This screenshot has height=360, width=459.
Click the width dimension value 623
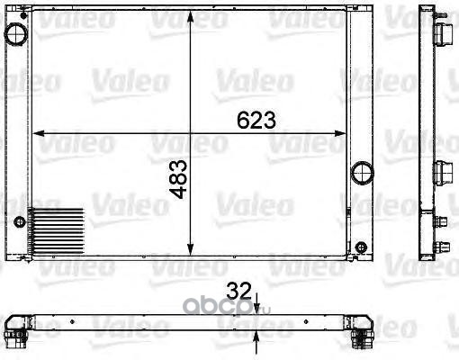(x=256, y=120)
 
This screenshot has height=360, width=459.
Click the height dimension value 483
(x=178, y=179)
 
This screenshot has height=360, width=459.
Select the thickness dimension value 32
(x=238, y=292)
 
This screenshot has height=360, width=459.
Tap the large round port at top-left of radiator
(x=15, y=34)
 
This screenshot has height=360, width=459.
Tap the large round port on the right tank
(x=363, y=173)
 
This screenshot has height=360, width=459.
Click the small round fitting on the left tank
(x=20, y=222)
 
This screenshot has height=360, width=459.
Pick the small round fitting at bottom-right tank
(x=361, y=247)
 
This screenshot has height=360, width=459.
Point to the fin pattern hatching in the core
(x=56, y=231)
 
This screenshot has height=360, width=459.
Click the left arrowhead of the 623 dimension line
(x=38, y=133)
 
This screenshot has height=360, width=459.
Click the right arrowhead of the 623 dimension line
(x=340, y=133)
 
